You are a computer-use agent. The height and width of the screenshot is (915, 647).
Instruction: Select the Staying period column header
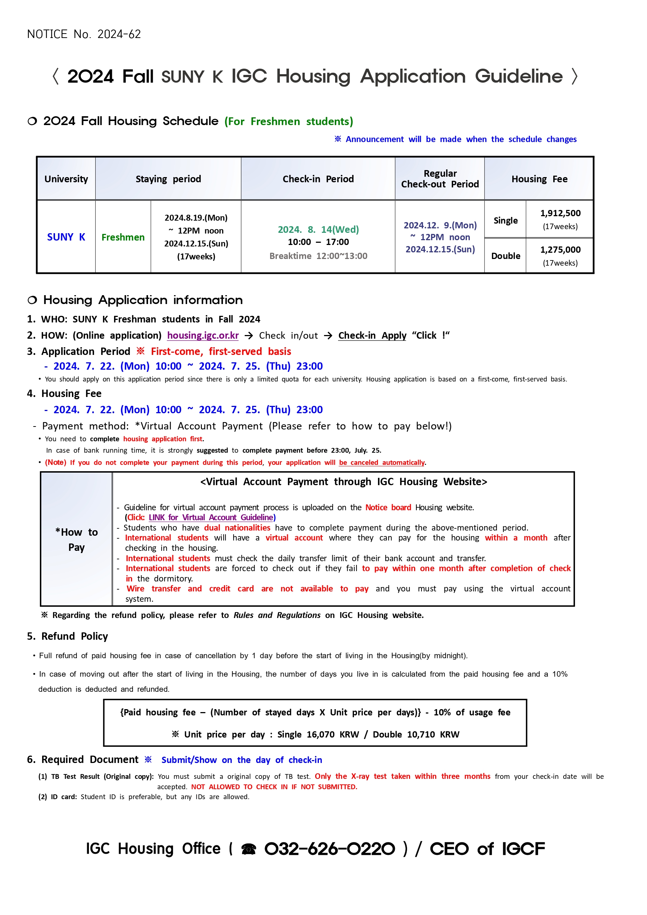(168, 179)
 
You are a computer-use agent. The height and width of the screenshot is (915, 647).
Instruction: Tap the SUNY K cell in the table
(66, 237)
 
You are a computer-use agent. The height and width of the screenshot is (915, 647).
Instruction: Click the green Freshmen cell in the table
(123, 238)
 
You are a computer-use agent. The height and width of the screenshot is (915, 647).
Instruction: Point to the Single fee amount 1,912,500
(560, 214)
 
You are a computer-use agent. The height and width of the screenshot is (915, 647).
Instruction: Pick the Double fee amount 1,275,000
(560, 250)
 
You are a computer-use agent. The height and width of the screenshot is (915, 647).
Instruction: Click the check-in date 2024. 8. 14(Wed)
(318, 229)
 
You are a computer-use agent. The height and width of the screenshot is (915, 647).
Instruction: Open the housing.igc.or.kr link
(203, 335)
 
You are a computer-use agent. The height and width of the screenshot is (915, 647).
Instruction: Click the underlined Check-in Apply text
(372, 335)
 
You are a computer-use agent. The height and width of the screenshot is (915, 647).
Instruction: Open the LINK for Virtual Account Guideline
(211, 517)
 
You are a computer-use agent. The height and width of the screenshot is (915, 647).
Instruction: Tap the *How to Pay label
(76, 540)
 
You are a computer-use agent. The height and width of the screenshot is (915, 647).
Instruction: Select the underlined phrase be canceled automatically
(382, 462)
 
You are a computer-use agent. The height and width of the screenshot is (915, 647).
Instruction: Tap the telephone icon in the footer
(248, 849)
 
